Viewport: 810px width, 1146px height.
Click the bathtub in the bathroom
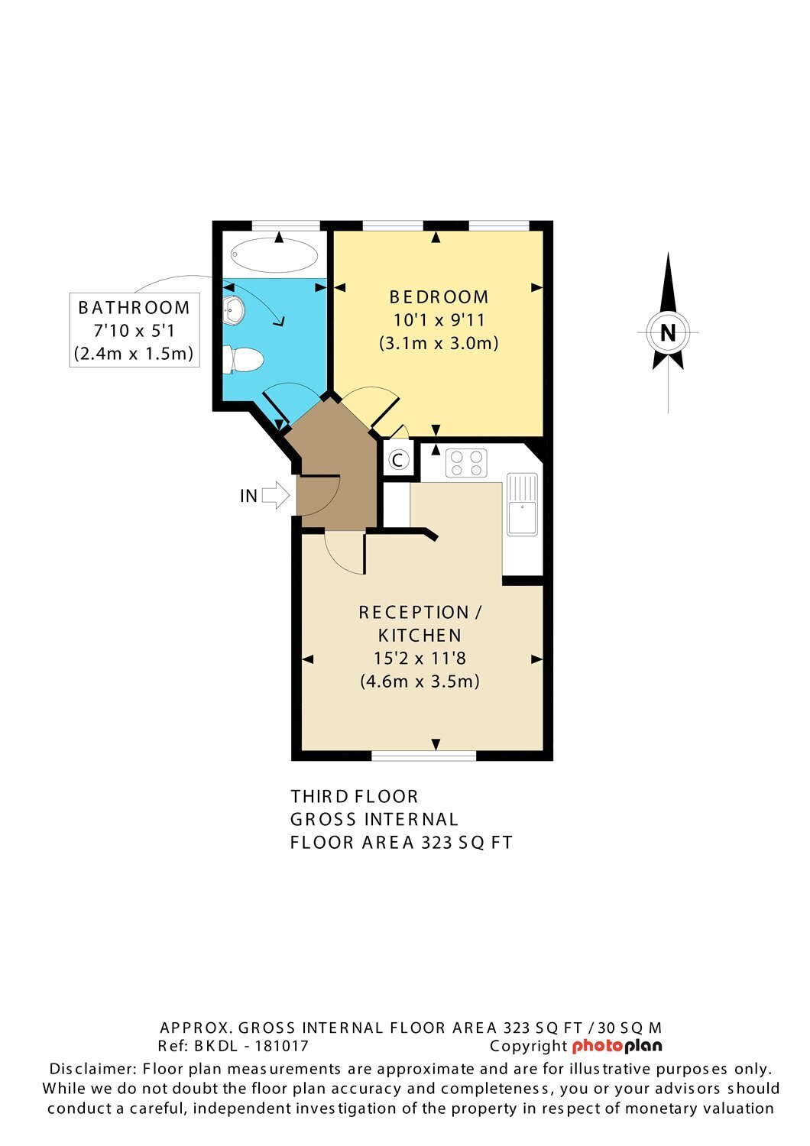(x=274, y=254)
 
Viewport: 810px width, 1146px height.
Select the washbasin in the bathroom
(x=233, y=309)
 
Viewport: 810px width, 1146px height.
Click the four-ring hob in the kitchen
(x=466, y=463)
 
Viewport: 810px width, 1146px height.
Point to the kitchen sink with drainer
(x=522, y=504)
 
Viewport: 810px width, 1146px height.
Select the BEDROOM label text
(x=439, y=296)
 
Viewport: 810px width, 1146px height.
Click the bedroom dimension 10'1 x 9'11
(x=439, y=320)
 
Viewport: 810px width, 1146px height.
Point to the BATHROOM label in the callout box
(x=134, y=307)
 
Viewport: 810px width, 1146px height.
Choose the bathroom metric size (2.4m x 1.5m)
(x=134, y=354)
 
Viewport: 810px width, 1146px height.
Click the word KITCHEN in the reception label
(x=420, y=636)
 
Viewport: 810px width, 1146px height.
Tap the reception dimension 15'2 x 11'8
(x=420, y=658)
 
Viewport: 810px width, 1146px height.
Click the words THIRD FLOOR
(x=355, y=797)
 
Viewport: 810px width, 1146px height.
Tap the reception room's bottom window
(x=423, y=756)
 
